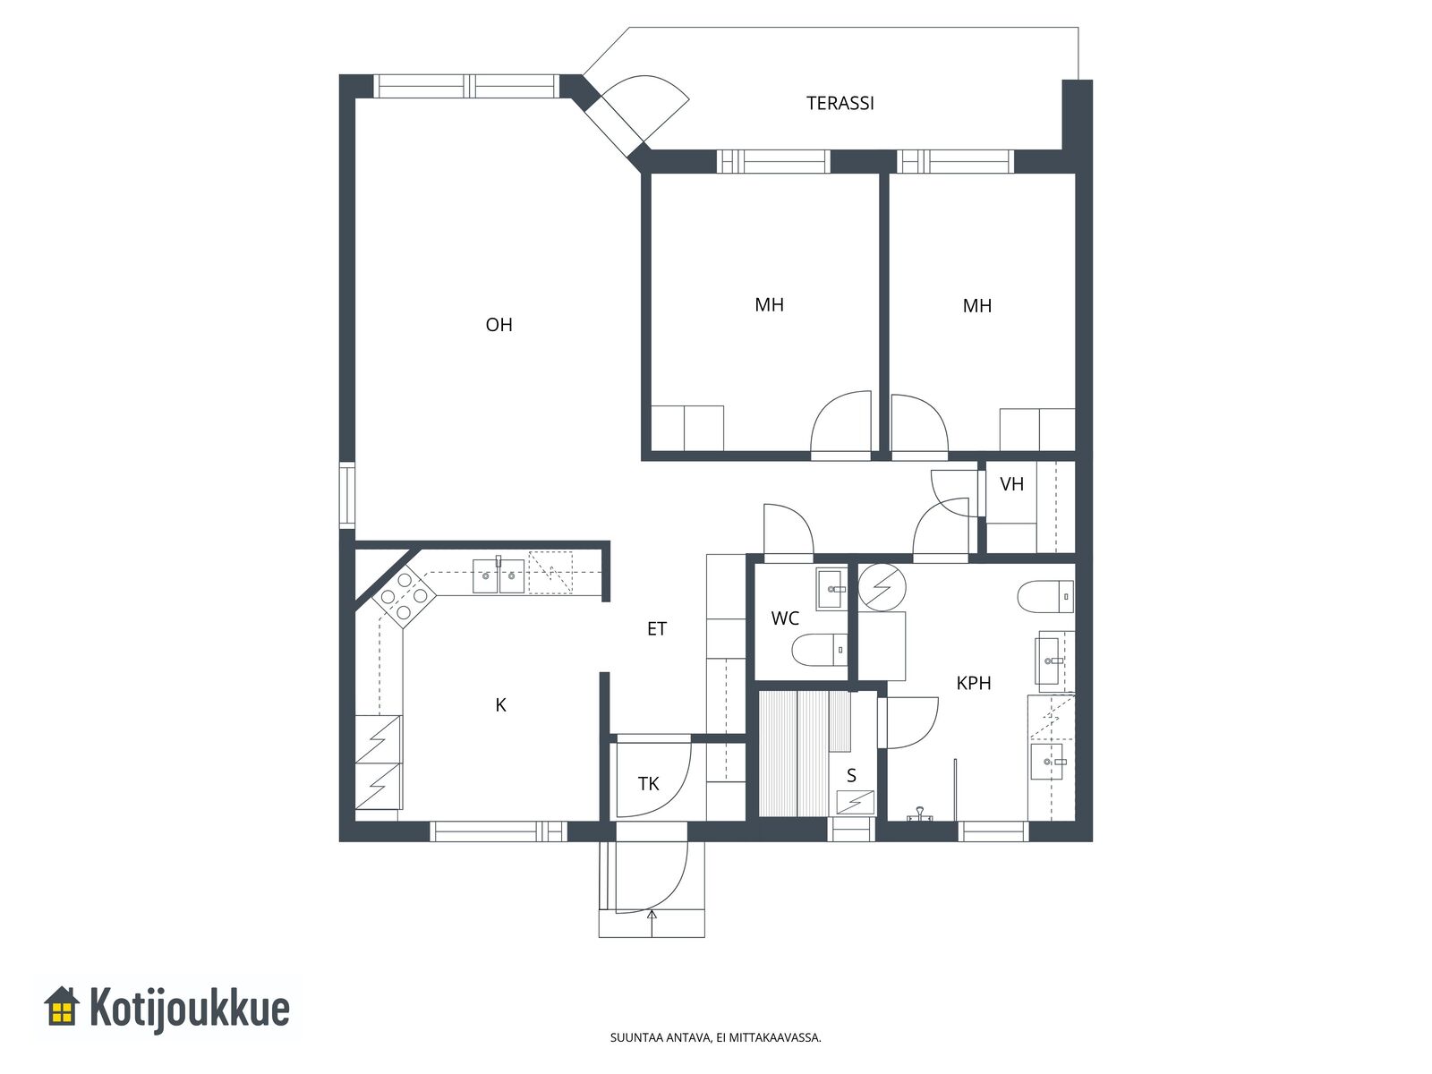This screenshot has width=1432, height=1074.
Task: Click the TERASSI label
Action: pos(840,103)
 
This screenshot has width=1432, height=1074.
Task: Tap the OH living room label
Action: pos(499,325)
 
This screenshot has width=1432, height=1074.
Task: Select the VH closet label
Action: pos(1012,484)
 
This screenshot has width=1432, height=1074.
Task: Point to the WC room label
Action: pos(785,618)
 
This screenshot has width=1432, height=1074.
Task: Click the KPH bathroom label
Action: pos(974,684)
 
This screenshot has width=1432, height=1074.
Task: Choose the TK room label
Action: pos(649,784)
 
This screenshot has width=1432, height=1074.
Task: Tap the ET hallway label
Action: pos(657,628)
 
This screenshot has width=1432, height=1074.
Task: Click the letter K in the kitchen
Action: pos(500,705)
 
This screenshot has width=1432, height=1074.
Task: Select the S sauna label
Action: pos(851,775)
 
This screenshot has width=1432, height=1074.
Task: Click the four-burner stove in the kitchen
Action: pos(404,595)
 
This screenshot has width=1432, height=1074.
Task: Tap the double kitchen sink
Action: pos(499,575)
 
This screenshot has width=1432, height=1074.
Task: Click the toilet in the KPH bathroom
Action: pos(1045,596)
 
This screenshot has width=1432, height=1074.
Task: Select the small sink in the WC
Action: pos(832,589)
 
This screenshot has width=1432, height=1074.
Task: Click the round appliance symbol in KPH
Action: pos(882,587)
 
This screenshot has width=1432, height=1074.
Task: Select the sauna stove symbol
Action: pos(855,801)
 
